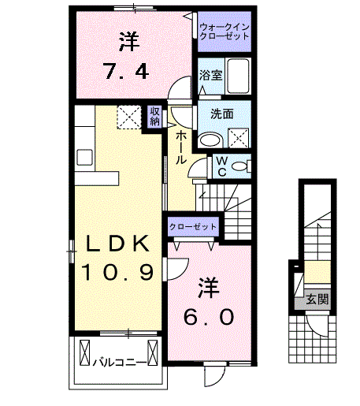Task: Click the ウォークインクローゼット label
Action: point(224,32)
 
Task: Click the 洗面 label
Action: point(221,114)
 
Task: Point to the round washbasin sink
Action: point(210,140)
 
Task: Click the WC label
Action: point(222,165)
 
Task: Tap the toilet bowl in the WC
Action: point(242,166)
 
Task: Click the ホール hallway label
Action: point(181,147)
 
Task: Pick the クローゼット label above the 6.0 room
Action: point(192,226)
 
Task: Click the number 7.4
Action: point(129,73)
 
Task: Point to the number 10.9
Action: point(116,273)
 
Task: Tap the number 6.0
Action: point(208,317)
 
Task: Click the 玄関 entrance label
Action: point(317,300)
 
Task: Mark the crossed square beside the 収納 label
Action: point(128,116)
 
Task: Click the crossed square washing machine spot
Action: point(238,139)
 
